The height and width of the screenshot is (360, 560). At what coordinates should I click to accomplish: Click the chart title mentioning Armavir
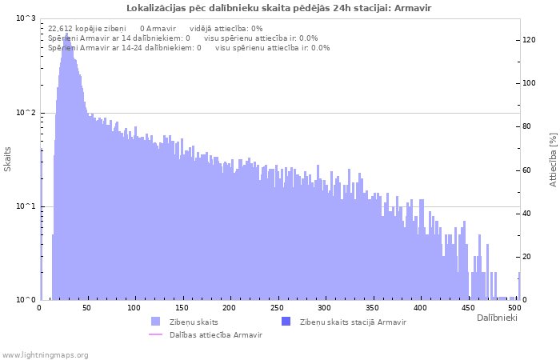pos(280,7)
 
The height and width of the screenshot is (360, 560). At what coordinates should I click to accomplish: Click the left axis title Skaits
pos(8,159)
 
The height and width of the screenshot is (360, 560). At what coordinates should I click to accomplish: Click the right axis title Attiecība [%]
pos(553,160)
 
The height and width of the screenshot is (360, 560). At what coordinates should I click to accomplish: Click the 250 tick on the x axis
pos(277,308)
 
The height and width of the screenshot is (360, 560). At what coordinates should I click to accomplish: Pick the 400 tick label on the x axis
pos(419,308)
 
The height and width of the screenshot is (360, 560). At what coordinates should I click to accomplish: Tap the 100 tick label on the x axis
pos(134,308)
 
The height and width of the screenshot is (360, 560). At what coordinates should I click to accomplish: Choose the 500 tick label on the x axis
pos(514,308)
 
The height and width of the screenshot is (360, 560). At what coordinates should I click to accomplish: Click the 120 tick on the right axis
pos(530,40)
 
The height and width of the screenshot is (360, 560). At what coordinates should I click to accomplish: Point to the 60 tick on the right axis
pos(528,170)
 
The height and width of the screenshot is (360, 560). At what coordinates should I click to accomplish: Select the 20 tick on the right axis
pos(528,257)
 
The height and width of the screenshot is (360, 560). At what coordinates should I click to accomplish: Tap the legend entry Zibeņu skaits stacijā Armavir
pos(353,322)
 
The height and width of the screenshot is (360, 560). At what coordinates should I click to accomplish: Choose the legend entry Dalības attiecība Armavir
pos(215,334)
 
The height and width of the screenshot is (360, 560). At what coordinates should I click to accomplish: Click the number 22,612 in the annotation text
pos(61,28)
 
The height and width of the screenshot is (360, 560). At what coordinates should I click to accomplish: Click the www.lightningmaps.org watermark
pos(46,354)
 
